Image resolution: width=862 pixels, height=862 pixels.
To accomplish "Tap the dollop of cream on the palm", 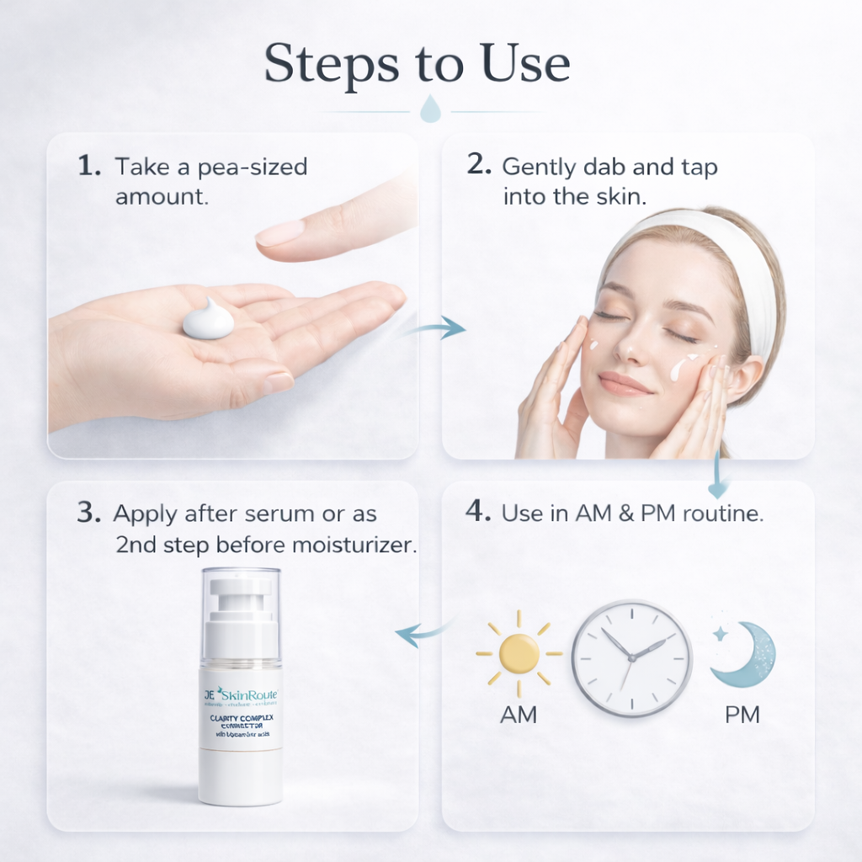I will point(207,321).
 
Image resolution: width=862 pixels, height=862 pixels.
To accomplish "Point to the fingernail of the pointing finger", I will point(280,233).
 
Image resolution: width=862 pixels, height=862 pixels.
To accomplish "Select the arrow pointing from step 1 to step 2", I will point(438,327).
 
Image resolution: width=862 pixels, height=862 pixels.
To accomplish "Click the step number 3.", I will point(88,513).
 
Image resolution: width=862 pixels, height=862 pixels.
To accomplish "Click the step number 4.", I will point(478,513).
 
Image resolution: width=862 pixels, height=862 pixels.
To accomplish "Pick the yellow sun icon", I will point(519,653).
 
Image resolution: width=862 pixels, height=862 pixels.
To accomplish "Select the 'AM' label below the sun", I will point(519,715).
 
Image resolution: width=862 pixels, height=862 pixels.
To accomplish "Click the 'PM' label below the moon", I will point(742,715).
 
